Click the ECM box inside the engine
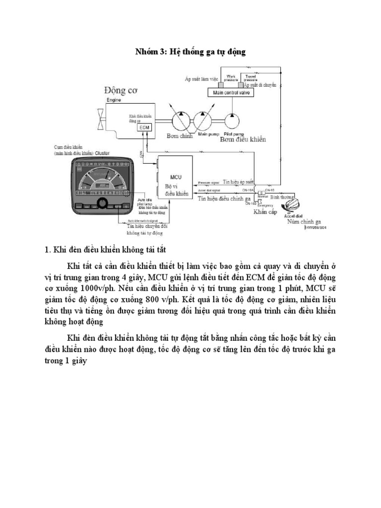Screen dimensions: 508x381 tap(144, 127)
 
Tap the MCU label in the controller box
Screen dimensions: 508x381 tap(176, 177)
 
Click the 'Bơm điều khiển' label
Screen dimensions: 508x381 tap(243, 139)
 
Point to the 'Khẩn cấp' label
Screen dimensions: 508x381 tap(264, 211)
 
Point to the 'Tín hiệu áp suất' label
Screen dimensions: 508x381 tap(239, 182)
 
